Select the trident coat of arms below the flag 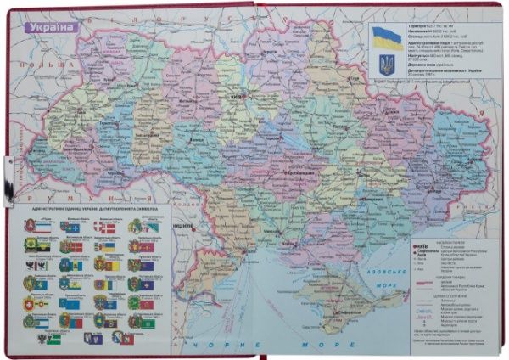[x=387, y=64]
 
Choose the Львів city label [x=51, y=123]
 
